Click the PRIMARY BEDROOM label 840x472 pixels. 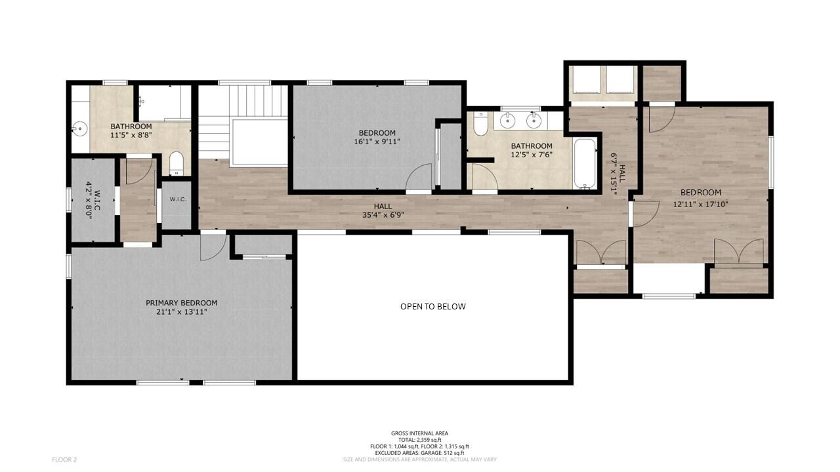coord(181,303)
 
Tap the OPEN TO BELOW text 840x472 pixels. coord(433,306)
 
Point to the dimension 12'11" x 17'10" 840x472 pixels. coord(701,204)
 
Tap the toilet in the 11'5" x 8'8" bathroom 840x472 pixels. coord(176,163)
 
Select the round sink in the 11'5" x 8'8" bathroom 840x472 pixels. coord(79,128)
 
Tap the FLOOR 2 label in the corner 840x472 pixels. coord(64,460)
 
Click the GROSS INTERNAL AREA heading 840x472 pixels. coord(419,433)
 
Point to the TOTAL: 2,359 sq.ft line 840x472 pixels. coord(419,440)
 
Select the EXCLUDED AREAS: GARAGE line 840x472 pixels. coord(419,453)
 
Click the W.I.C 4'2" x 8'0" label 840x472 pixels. coord(93,200)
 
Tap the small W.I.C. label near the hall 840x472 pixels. coord(177,199)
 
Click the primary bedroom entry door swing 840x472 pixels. coord(211,248)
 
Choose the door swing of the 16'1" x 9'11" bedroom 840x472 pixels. coord(418,178)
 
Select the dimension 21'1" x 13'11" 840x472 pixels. coord(181,311)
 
